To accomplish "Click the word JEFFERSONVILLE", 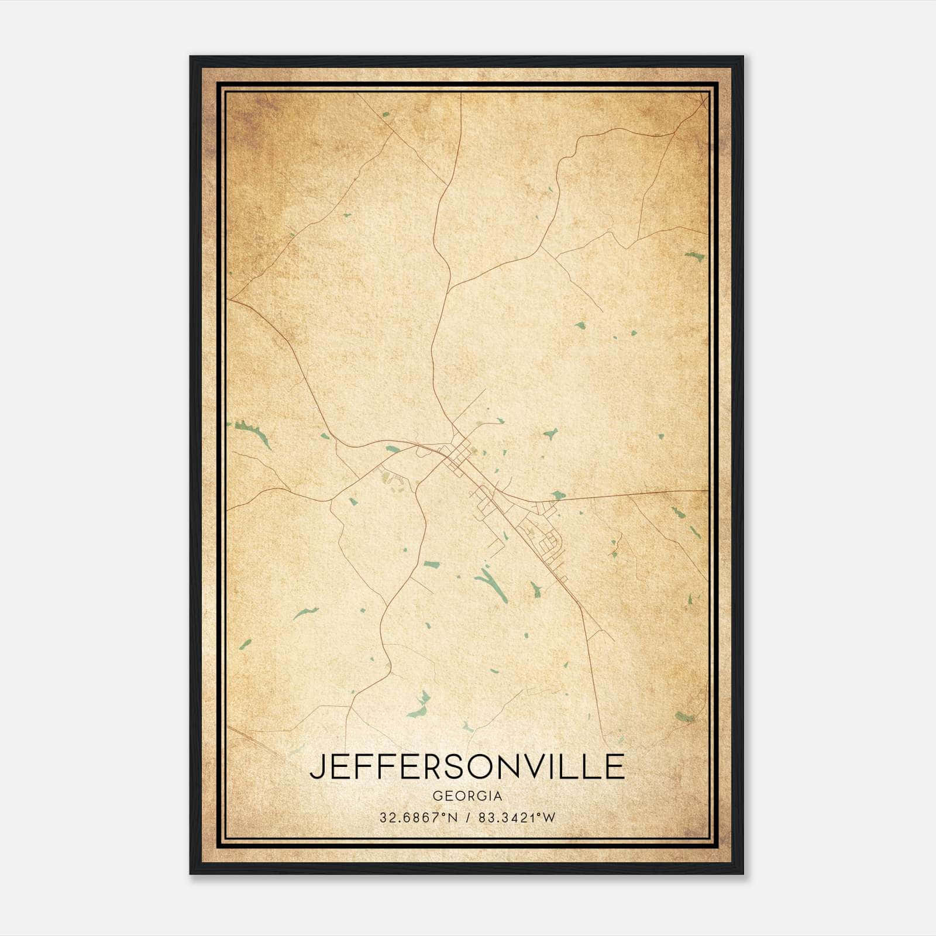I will click(x=467, y=767).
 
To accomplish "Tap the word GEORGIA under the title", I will click(x=467, y=796).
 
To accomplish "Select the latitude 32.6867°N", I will click(x=409, y=818).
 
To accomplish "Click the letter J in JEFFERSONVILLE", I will click(x=316, y=767).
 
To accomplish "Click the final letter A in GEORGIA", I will click(x=497, y=796).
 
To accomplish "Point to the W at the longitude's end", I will click(x=549, y=818).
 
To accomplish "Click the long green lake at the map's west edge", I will click(x=253, y=432).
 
